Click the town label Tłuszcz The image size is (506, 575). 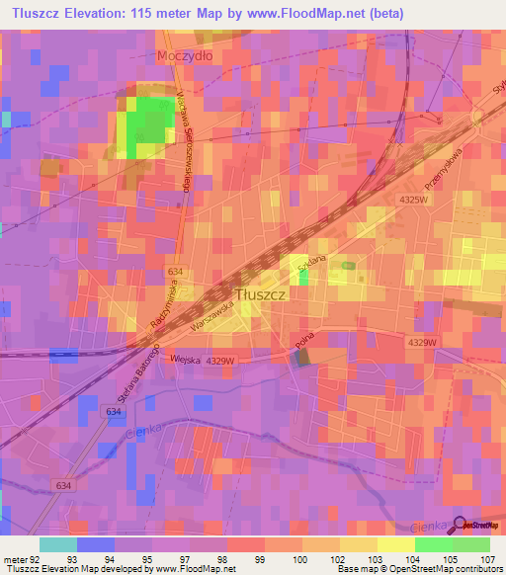[x=262, y=293]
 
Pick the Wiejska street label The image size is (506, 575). [x=185, y=361]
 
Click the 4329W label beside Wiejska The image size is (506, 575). [x=222, y=362]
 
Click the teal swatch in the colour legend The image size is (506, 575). [x=57, y=544]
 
